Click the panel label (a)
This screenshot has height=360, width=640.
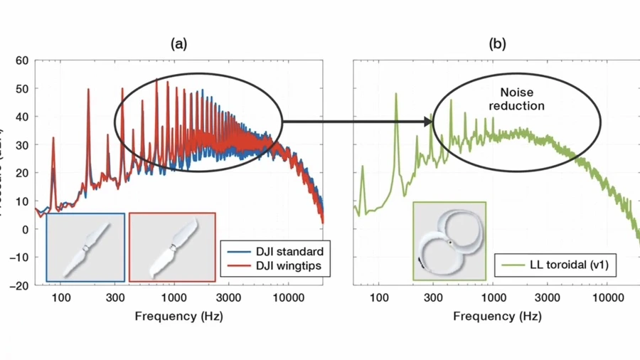click(x=178, y=44)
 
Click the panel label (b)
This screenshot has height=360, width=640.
click(x=498, y=44)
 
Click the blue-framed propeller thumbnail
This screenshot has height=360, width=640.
click(x=85, y=247)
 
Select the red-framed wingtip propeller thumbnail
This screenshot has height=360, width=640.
click(x=172, y=247)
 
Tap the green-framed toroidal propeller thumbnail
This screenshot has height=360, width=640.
click(x=449, y=240)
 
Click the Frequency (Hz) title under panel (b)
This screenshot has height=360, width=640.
click(x=497, y=316)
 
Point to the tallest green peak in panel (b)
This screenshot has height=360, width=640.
click(x=396, y=95)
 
